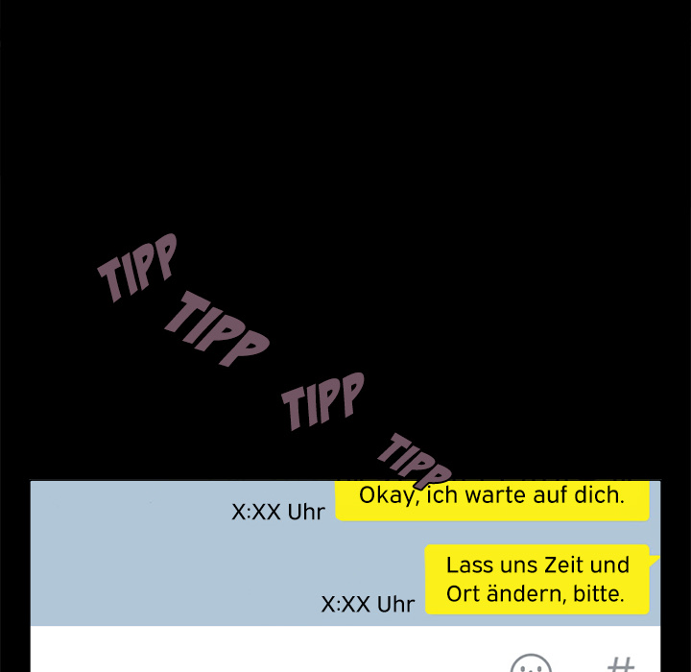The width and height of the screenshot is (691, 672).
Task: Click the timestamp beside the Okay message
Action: (278, 512)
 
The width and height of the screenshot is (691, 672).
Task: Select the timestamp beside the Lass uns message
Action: (368, 604)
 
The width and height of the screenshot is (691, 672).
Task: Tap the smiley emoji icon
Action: (531, 663)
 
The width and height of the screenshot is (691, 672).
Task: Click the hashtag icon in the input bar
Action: (621, 664)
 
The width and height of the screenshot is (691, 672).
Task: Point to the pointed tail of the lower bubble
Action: (659, 557)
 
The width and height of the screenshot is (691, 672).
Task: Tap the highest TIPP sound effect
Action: (137, 268)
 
